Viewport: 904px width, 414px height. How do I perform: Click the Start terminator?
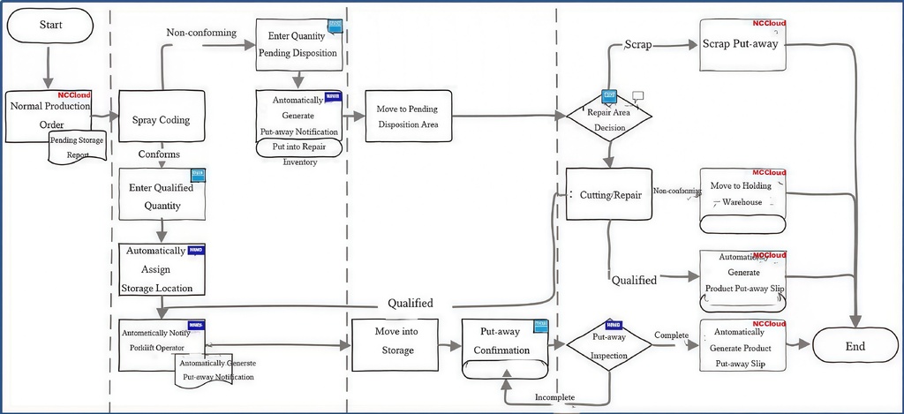pos(50,25)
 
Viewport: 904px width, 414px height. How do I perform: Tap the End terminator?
pos(855,345)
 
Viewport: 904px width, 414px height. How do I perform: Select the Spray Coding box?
pos(162,119)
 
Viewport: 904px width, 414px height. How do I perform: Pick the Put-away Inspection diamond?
pos(609,345)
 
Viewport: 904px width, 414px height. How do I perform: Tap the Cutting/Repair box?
pos(609,193)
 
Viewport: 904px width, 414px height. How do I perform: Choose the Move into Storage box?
pos(396,342)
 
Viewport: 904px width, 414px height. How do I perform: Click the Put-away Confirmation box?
pos(506,343)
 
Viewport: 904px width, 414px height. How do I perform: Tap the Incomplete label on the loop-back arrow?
pos(555,397)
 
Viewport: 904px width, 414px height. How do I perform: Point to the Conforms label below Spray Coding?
pos(159,154)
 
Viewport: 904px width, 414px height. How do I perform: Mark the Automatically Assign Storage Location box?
pos(162,269)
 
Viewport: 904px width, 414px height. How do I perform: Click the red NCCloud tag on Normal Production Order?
pos(74,94)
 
